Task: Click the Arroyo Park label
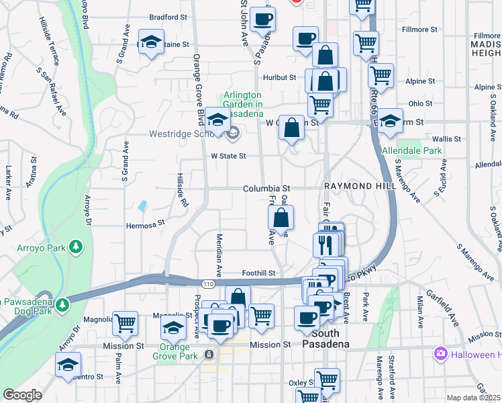coord(42,248)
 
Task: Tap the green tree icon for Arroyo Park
coord(77,247)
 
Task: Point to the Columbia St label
coord(266,189)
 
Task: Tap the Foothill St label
coord(259,273)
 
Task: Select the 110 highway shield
coord(210,285)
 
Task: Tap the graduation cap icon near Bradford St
coord(152,42)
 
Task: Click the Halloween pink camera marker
coord(441,353)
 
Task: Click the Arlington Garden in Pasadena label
coord(242,105)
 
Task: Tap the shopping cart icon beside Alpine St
coord(381,79)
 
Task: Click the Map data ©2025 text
coord(473,398)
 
